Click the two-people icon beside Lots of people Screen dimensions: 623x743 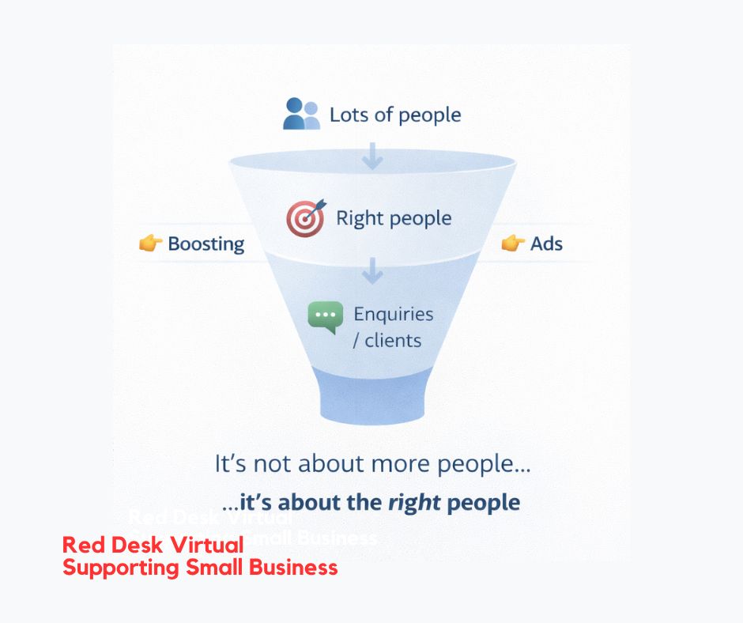pos(301,114)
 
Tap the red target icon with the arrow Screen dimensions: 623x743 pos(305,218)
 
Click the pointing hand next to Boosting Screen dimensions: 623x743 pos(150,244)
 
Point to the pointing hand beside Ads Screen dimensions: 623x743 pos(513,244)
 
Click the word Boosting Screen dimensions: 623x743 pos(206,244)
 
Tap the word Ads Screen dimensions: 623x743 pos(546,244)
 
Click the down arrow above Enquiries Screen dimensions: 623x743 pos(371,270)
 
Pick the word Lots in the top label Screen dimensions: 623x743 pos(349,115)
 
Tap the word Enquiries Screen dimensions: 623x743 pos(393,314)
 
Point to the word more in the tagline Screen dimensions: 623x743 pos(375,464)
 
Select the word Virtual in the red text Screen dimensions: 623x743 pos(207,546)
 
